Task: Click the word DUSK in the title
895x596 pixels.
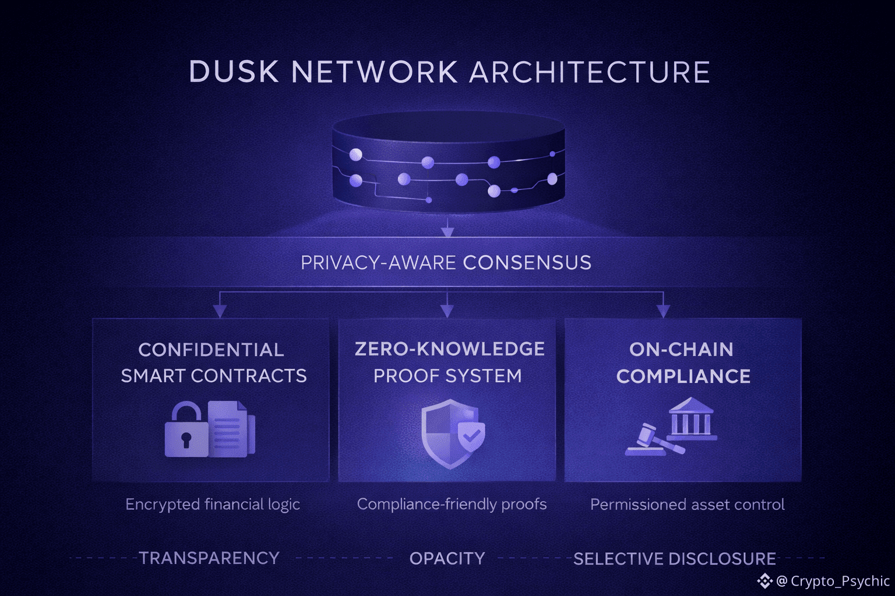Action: [x=233, y=72]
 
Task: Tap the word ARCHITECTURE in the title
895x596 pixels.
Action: [x=589, y=72]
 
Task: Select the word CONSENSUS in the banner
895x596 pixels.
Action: [x=527, y=263]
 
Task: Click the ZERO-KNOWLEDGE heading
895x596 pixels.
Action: [x=449, y=349]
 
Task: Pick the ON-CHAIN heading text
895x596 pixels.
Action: [x=681, y=350]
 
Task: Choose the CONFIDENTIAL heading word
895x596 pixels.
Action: [x=211, y=350]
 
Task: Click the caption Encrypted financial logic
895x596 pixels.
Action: [x=213, y=504]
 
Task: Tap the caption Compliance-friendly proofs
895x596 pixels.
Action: [x=452, y=504]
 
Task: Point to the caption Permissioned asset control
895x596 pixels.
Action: [x=687, y=505]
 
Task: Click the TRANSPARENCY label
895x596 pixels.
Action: [x=209, y=558]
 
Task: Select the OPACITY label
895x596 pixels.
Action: [x=447, y=559]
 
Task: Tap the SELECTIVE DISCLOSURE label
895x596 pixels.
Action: [x=674, y=559]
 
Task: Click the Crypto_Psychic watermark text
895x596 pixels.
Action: [x=840, y=581]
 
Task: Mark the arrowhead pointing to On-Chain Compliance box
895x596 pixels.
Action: [x=663, y=311]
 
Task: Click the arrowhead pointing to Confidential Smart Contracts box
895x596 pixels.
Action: [x=220, y=311]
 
